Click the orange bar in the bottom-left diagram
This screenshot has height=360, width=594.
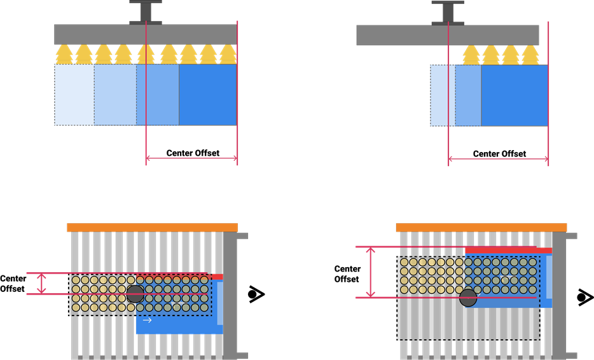coord(152,227)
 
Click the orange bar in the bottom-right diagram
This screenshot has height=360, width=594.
coord(481,227)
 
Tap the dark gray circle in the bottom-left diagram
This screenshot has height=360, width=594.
coord(135,294)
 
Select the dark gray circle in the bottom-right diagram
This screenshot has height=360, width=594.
coord(468,298)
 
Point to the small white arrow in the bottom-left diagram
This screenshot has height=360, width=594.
coord(147,321)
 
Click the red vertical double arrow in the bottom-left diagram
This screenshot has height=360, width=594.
coord(41,283)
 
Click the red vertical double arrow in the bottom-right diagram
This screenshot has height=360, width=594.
coord(370,272)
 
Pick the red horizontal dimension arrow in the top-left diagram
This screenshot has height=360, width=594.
coord(191,158)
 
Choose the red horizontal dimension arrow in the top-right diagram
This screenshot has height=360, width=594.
coord(498,159)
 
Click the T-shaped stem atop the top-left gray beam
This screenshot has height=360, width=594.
coord(146,12)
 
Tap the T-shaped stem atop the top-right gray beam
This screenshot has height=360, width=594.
coord(448,12)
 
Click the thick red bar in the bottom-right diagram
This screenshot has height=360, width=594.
coord(508,251)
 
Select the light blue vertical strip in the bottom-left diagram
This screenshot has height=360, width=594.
coord(220,303)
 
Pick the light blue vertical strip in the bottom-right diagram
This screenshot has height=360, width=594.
coord(549,277)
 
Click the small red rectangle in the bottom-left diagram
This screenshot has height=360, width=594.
coord(217,277)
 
